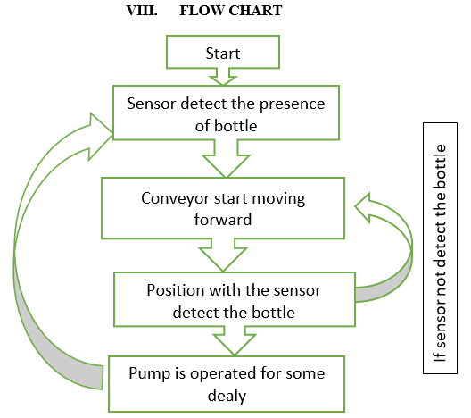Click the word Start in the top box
[x=223, y=54]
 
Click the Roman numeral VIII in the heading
[x=142, y=11]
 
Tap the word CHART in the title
[x=255, y=11]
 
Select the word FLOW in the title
[x=202, y=11]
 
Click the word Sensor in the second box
[x=152, y=104]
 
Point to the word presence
[x=292, y=104]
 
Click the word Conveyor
[x=175, y=199]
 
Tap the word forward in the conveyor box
[x=223, y=219]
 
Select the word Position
[x=176, y=290]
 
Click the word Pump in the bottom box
[x=146, y=374]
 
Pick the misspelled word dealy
[x=227, y=396]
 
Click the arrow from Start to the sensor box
[x=223, y=77]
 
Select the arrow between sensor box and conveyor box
[x=226, y=158]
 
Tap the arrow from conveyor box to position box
[x=223, y=255]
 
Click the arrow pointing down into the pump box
[x=235, y=341]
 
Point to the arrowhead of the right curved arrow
[x=363, y=207]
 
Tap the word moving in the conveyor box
[x=278, y=199]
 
